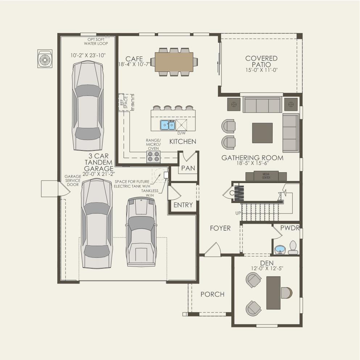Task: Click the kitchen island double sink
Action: [167, 125]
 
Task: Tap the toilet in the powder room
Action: [293, 248]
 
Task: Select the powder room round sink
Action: [280, 250]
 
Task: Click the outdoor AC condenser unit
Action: [45, 59]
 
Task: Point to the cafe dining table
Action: [174, 62]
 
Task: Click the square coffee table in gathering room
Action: [262, 133]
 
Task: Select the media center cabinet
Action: [266, 176]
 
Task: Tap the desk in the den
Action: [273, 293]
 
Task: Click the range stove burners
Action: [153, 157]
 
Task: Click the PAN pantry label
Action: [188, 168]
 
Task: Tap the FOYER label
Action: [220, 228]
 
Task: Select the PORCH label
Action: [212, 294]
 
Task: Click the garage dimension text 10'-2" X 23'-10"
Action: [88, 55]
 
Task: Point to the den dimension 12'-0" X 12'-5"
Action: [267, 268]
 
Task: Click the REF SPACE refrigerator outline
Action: [126, 102]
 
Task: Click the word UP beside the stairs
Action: [238, 213]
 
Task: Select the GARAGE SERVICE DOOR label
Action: [73, 181]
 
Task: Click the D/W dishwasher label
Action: [181, 133]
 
